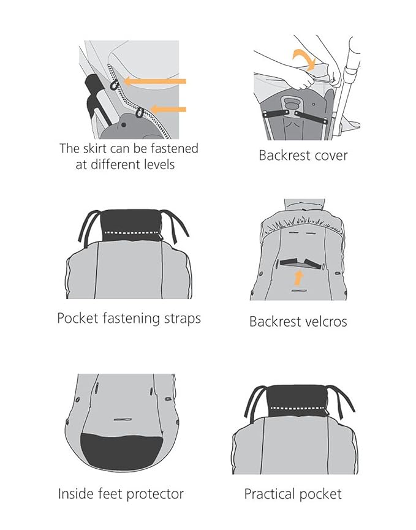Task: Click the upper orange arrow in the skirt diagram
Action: pyautogui.click(x=155, y=81)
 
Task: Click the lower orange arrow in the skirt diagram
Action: pyautogui.click(x=168, y=109)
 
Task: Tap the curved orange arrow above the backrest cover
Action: pyautogui.click(x=304, y=58)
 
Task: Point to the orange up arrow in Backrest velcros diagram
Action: pyautogui.click(x=298, y=277)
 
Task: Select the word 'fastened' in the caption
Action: pyautogui.click(x=175, y=148)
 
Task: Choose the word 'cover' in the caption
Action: pyautogui.click(x=330, y=156)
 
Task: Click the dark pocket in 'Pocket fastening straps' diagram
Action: pyautogui.click(x=131, y=225)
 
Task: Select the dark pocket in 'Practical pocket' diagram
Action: pyautogui.click(x=297, y=401)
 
